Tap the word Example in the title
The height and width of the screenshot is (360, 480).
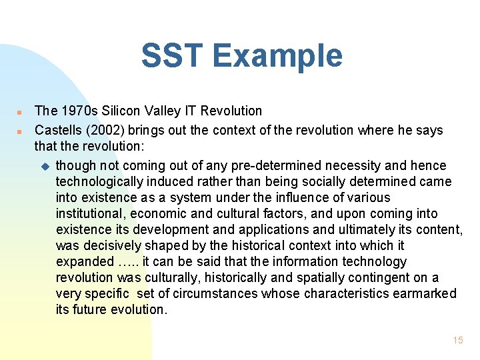point(280,56)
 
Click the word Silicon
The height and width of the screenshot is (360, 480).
point(121,111)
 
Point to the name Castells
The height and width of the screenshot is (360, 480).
point(59,130)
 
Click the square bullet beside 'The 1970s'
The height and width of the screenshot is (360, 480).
point(21,111)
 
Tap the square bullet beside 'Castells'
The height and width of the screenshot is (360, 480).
point(21,131)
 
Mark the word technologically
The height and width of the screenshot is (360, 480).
point(98,181)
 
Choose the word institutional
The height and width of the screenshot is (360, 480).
point(90,214)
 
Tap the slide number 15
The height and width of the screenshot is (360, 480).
point(457,340)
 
